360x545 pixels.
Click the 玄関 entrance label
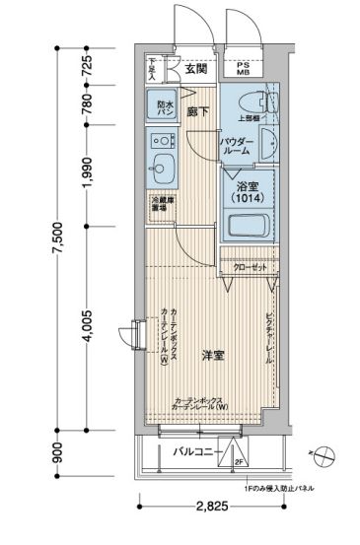[x=195, y=69]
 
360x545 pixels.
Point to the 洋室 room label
[x=214, y=355]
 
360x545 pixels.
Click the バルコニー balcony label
[x=193, y=451]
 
